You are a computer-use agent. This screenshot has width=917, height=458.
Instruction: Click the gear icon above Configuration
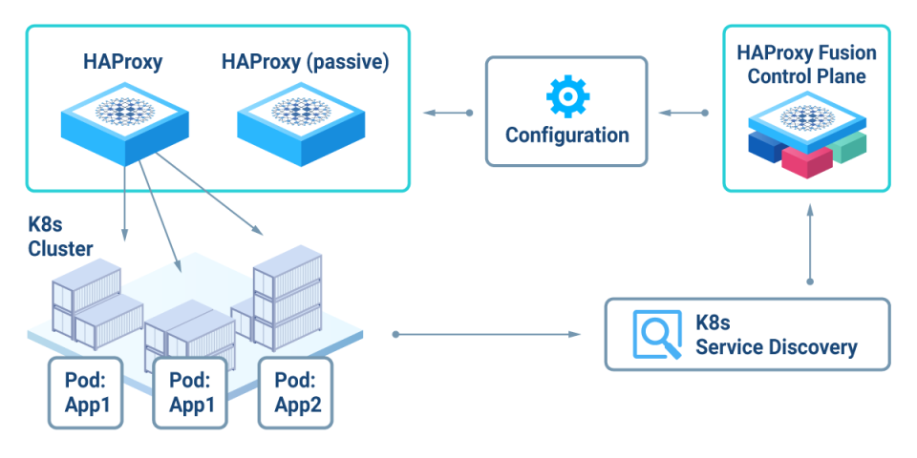point(566,96)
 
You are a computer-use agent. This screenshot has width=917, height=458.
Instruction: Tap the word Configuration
point(566,135)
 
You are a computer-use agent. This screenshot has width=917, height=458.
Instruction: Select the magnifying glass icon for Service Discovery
point(656,334)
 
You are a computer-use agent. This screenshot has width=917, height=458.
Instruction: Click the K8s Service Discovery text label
point(775,334)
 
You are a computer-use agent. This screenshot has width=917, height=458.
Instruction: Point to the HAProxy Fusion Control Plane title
point(806,65)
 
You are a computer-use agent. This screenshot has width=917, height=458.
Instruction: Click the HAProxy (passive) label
point(305,62)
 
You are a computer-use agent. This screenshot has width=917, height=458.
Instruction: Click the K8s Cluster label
point(60,238)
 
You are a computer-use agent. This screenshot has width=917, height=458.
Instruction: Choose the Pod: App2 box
point(295,392)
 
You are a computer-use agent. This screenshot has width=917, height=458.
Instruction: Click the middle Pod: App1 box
point(191,392)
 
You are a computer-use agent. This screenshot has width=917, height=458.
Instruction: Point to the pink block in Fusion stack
point(807,160)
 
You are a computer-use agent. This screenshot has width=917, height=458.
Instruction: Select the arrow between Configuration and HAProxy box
point(447,114)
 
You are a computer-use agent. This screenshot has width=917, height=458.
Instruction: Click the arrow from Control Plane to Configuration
point(684,114)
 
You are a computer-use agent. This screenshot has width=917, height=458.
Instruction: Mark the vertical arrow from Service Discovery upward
point(810,246)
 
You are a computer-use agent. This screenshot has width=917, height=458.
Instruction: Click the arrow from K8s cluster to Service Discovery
point(487,334)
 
